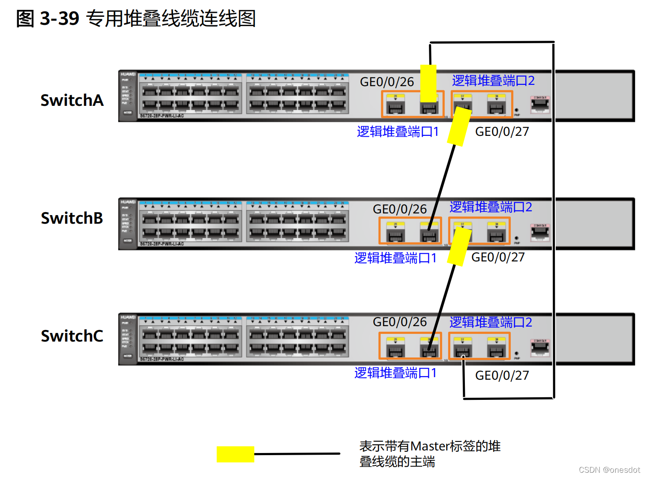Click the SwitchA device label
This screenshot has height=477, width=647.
pos(72,100)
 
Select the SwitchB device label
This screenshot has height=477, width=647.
pos(72,218)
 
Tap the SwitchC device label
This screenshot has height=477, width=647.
pos(72,336)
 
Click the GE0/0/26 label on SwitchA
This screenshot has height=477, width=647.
pos(386,82)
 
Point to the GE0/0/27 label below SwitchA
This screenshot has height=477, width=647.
pos(502,132)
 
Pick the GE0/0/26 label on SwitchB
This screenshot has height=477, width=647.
pos(399,209)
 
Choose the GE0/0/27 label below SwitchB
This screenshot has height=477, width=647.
pos(498,257)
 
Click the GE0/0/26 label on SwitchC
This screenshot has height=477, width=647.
pos(399,322)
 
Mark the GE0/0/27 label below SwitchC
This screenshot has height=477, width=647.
pos(502,375)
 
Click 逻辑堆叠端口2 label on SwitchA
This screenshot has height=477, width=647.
pos(493,81)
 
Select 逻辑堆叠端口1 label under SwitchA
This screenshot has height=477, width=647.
pos(397,132)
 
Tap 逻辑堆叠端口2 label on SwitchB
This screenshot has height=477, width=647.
pos(490,207)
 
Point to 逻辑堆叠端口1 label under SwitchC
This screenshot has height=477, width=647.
pos(395,373)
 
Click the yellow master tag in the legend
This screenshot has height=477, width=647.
pos(235,454)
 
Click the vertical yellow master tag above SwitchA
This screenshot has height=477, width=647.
pos(428,83)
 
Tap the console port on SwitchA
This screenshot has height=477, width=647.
pos(540,104)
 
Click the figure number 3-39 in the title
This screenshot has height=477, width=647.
pos(60,19)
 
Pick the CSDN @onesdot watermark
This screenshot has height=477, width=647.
pos(609,470)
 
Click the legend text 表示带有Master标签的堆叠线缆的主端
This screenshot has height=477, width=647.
pos(429,453)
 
